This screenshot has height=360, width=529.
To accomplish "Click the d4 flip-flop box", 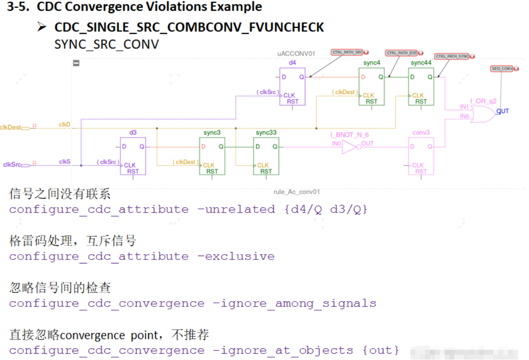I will pos(292,86).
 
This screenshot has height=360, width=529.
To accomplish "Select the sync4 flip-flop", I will pos(371,86).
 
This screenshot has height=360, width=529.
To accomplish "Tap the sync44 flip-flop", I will pos(421,86).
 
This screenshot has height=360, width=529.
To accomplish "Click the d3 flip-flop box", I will pos(133,156).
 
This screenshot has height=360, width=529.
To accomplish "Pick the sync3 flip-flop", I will pos(212,156).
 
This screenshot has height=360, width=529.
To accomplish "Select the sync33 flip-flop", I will pos(266,156).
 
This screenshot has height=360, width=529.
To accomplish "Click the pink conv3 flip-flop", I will pos(421,156).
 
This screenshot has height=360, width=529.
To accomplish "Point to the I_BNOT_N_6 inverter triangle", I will pos(349,147).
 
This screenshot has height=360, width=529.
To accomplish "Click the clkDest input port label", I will pos(11,127).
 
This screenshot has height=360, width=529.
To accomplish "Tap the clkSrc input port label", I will pos(11,165).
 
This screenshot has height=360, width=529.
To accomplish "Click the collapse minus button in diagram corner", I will pos(76,62).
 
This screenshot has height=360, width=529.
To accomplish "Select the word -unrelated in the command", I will pos(236,210).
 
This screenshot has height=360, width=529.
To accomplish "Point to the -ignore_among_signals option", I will pos(294,303).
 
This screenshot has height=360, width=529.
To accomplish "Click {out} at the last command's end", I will pos(380,350).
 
